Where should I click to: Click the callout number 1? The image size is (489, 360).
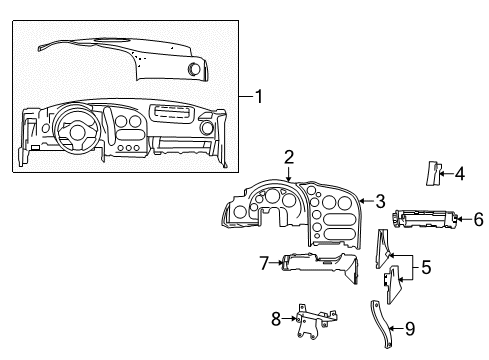pyautogui.click(x=259, y=97)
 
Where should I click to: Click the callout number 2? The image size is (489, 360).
pyautogui.click(x=288, y=157)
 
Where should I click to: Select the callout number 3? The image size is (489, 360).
pyautogui.click(x=379, y=200)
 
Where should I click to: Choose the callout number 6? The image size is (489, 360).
pyautogui.click(x=477, y=219)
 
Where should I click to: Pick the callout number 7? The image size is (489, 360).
pyautogui.click(x=264, y=264)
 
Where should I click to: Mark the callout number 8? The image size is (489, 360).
pyautogui.click(x=276, y=320)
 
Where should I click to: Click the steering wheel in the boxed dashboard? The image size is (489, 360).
pyautogui.click(x=76, y=130)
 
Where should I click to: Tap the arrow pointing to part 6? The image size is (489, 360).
pyautogui.click(x=464, y=219)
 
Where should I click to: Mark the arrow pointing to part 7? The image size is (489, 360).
pyautogui.click(x=277, y=264)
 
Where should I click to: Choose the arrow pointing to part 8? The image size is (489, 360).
pyautogui.click(x=289, y=320)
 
